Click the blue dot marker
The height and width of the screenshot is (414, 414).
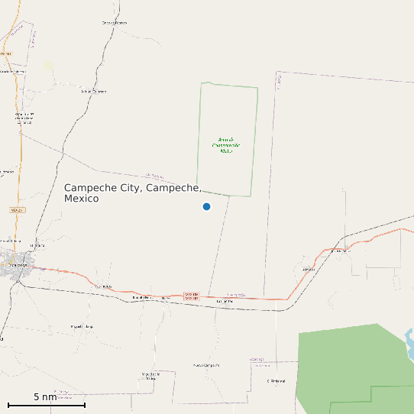tap(206, 206)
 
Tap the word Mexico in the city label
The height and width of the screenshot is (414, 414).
tap(81, 199)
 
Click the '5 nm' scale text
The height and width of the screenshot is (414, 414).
tap(45, 397)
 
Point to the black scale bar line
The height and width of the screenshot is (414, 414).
tap(46, 405)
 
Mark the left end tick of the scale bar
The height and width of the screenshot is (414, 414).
tap(8, 405)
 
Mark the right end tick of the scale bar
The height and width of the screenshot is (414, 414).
tap(84, 405)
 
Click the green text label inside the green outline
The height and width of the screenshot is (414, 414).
tap(225, 145)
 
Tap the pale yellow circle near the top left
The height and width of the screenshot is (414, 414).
tap(49, 66)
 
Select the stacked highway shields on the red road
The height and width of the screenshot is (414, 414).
tap(191, 296)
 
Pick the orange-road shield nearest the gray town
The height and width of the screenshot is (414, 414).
tap(17, 209)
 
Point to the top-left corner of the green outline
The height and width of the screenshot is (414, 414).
tap(202, 83)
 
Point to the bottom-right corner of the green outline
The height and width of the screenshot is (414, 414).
tap(251, 196)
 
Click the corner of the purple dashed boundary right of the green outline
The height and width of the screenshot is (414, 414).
tap(278, 73)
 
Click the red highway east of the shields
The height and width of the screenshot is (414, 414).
tap(252, 298)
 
